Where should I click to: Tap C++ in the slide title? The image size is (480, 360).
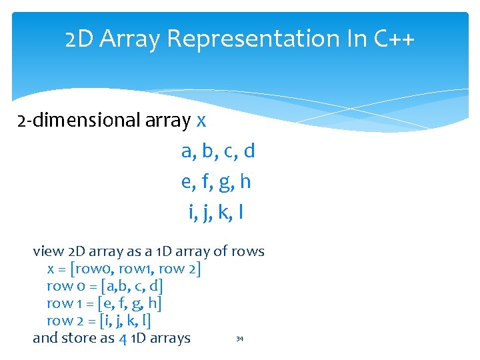[394, 39]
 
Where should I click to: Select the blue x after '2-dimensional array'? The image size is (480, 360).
[201, 121]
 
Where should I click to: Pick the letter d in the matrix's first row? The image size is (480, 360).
[249, 151]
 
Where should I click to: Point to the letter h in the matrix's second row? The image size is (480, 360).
[245, 181]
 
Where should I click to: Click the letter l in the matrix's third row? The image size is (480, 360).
[240, 212]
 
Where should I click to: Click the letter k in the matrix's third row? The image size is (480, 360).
[223, 212]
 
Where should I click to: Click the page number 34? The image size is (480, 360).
[240, 339]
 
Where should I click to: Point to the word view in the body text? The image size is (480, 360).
[48, 252]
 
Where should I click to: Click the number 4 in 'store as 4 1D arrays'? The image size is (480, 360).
[123, 339]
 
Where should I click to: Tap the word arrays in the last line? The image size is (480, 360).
[169, 339]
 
